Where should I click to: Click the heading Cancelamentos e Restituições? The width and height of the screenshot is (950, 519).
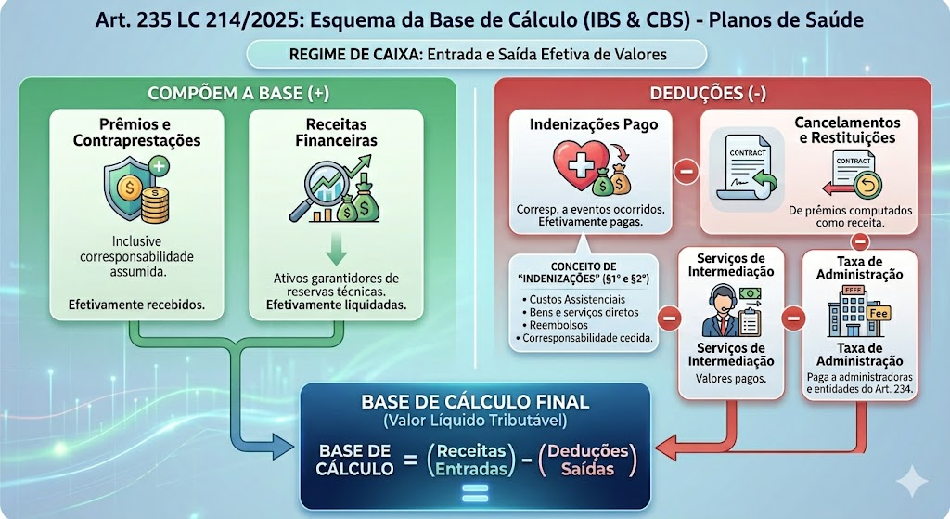coord(846,130)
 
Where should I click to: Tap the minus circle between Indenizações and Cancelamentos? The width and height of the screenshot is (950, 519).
coord(686,171)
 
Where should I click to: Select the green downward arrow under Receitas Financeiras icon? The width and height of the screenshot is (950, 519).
coord(337,248)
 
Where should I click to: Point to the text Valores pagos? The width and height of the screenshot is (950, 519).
coord(730,379)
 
